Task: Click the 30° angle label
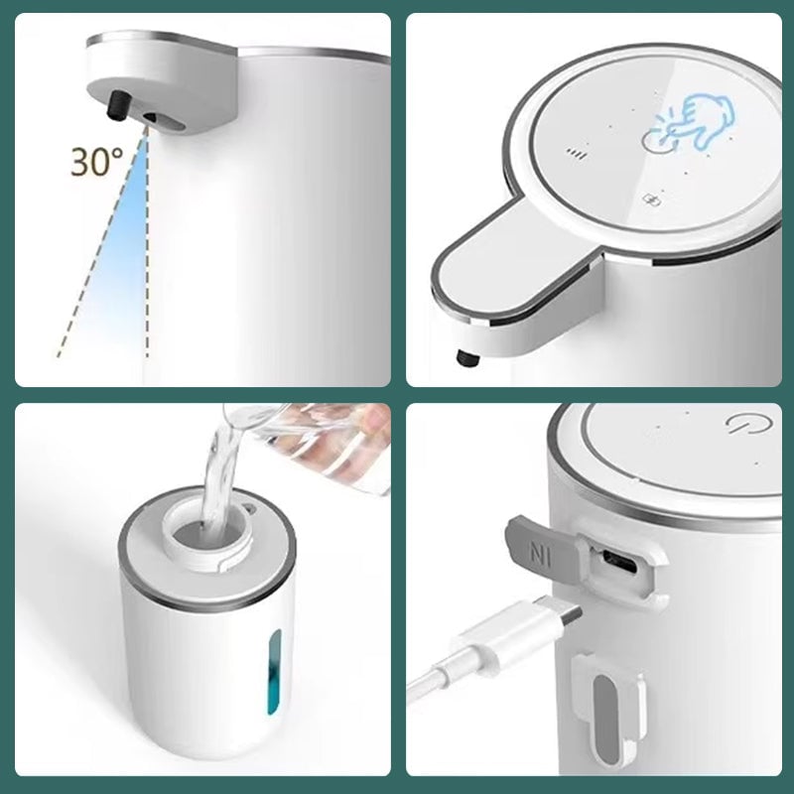tap(96, 162)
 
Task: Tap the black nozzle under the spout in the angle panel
tap(119, 105)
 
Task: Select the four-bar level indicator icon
tap(577, 154)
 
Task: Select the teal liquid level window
tap(274, 671)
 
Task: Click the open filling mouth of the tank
tap(207, 536)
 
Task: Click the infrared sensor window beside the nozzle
tap(163, 121)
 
